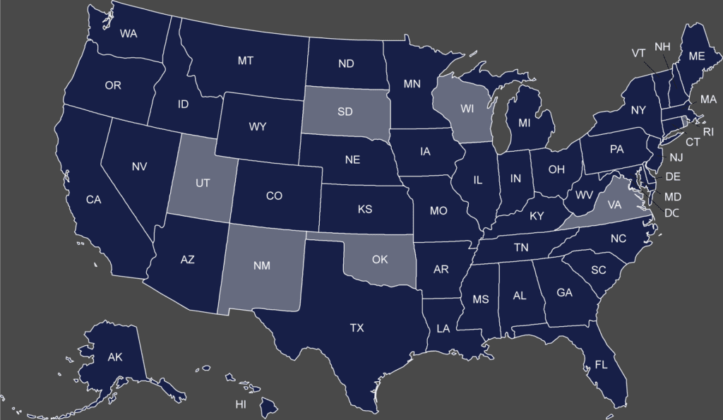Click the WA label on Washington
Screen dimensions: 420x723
point(129,33)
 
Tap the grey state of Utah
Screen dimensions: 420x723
point(202,182)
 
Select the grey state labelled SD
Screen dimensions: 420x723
point(345,112)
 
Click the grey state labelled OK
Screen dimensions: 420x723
point(380,260)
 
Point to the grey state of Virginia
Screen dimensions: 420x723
point(614,205)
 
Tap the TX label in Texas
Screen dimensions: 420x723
point(357,328)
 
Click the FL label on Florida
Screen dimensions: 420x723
point(601,365)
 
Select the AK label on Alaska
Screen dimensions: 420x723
point(115,358)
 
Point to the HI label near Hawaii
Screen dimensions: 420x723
point(241,405)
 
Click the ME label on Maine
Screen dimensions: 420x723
point(696,56)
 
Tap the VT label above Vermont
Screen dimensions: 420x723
point(638,53)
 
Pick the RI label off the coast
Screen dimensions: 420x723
point(708,131)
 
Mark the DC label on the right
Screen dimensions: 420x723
point(671,212)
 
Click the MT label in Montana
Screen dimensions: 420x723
point(245,61)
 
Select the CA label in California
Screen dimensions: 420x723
point(94,200)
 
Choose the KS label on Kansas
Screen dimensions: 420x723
point(365,210)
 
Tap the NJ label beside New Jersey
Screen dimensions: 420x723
point(676,157)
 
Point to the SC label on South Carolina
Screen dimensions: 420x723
point(599,270)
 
